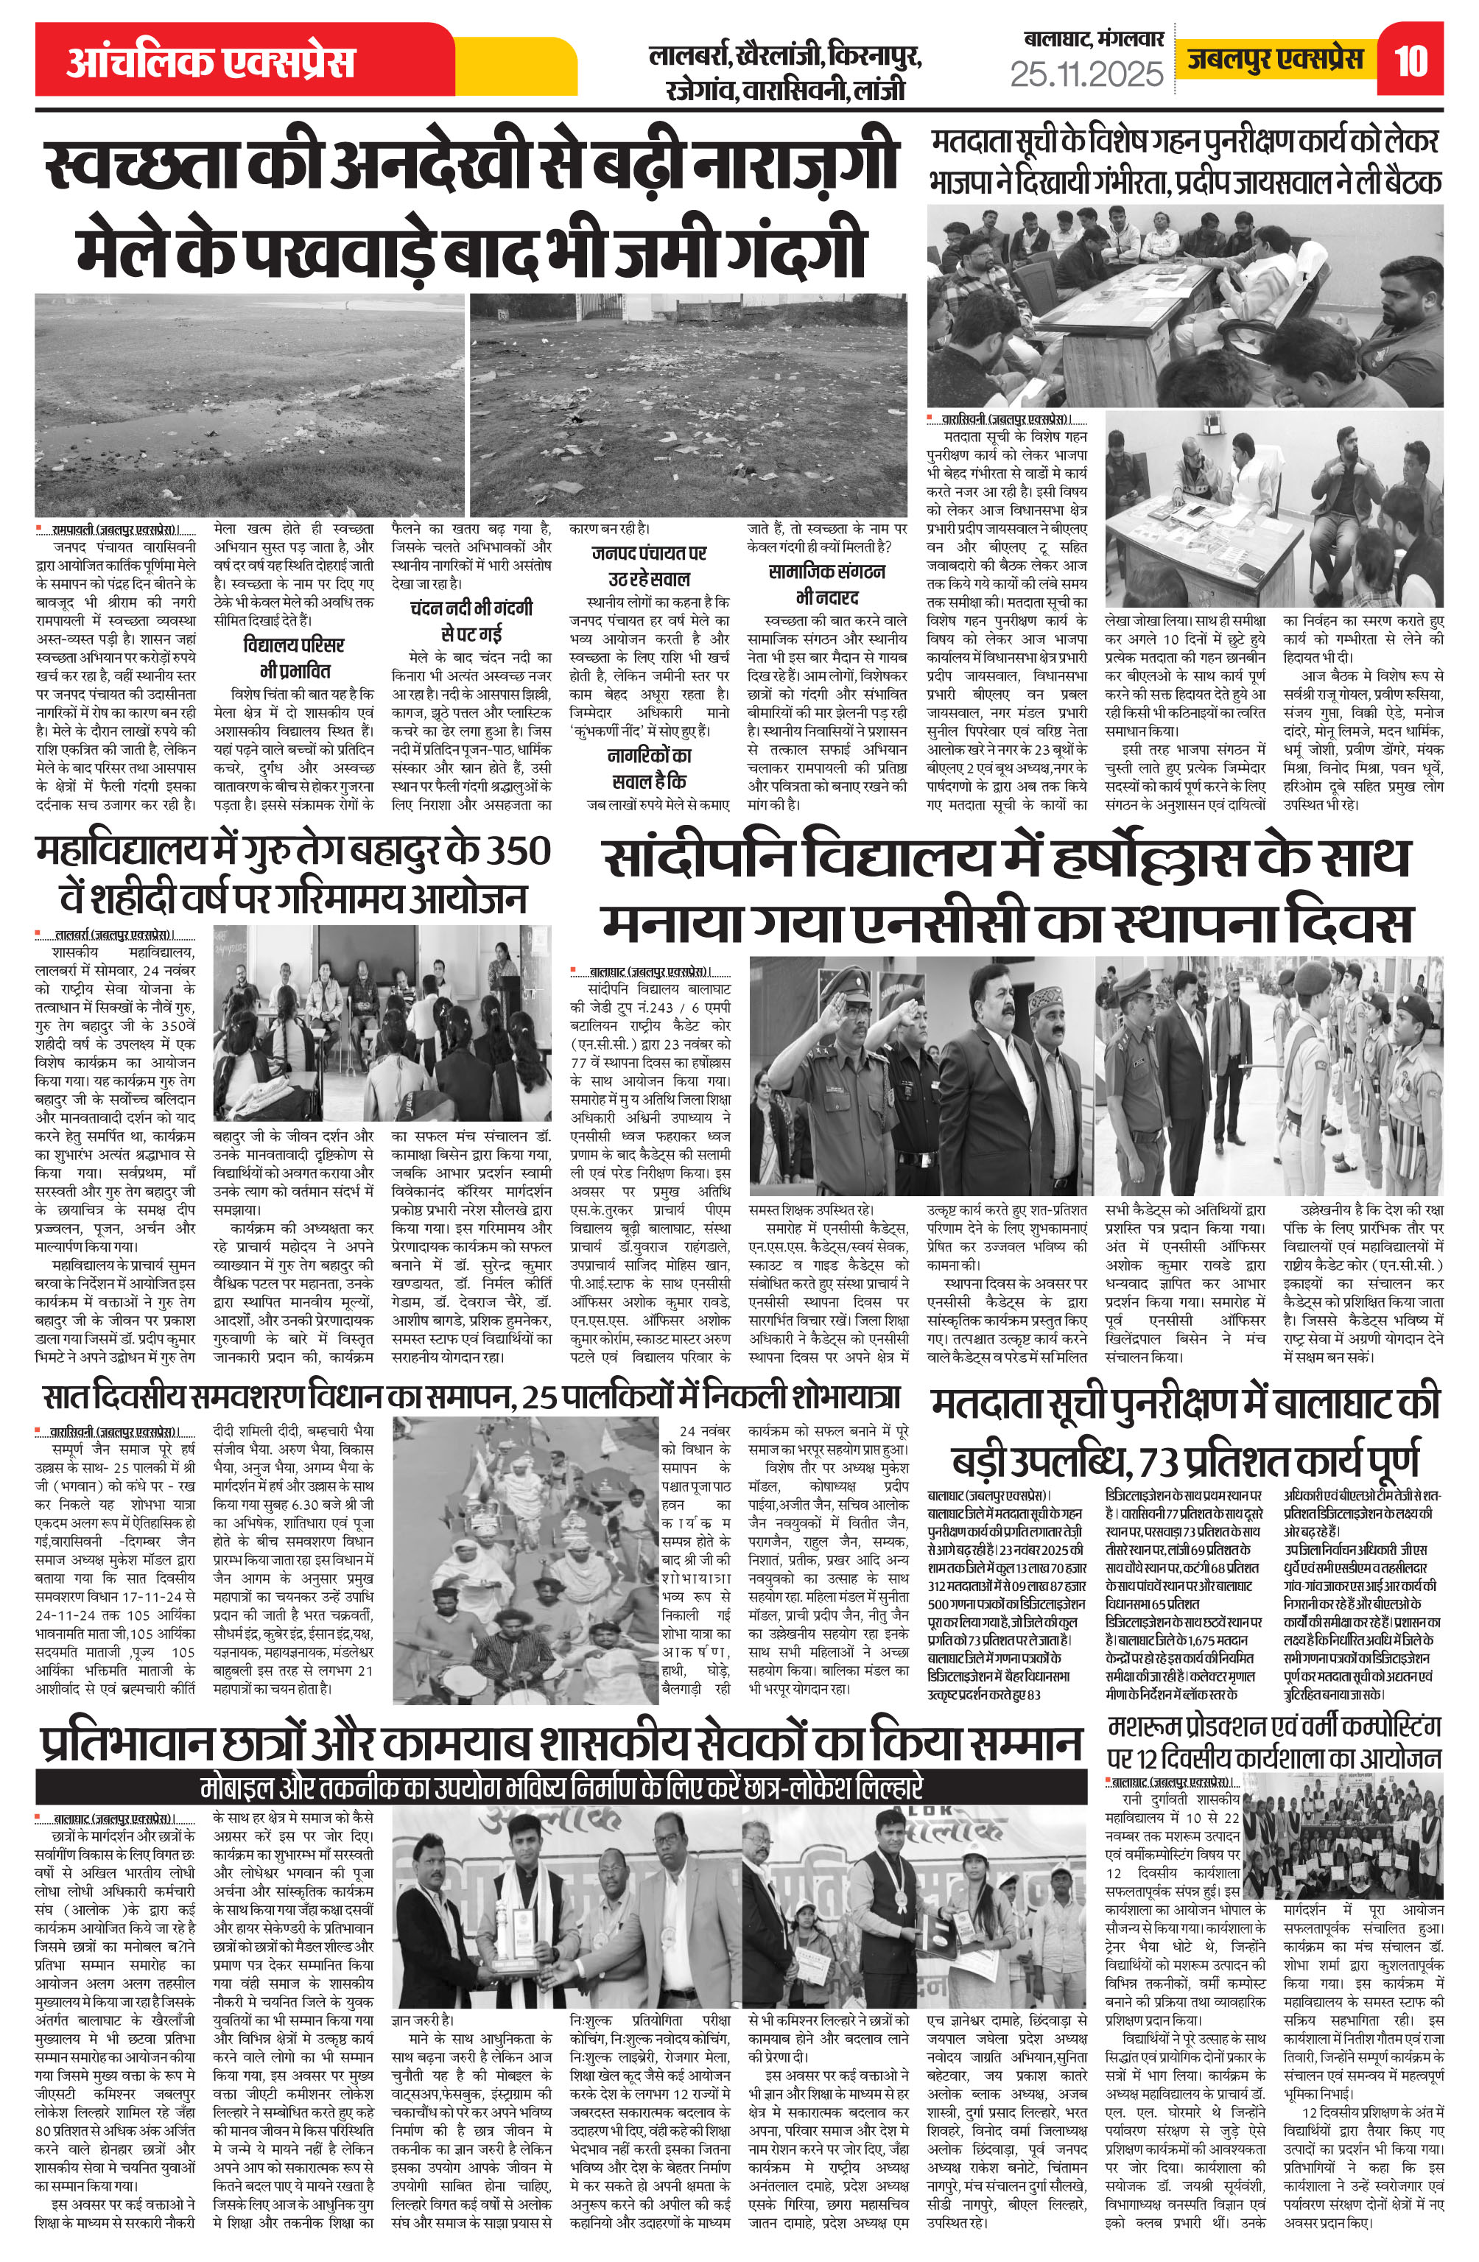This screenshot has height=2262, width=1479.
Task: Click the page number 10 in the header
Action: click(1411, 60)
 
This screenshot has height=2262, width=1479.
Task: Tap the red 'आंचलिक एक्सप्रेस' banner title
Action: click(210, 62)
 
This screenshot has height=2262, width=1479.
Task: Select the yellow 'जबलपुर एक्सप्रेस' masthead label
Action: click(1275, 59)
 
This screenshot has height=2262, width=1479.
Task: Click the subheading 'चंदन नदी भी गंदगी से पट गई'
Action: click(471, 619)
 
